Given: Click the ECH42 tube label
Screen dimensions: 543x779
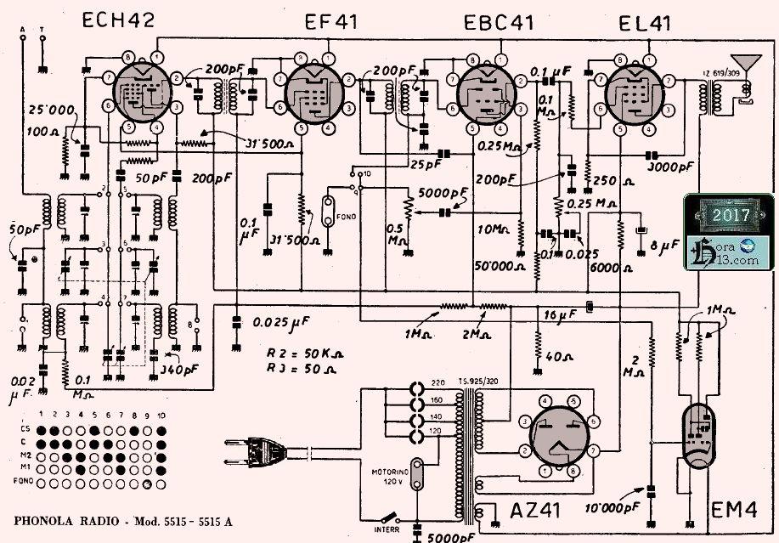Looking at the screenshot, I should [x=119, y=22].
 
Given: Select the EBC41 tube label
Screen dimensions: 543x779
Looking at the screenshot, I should [x=499, y=23].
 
